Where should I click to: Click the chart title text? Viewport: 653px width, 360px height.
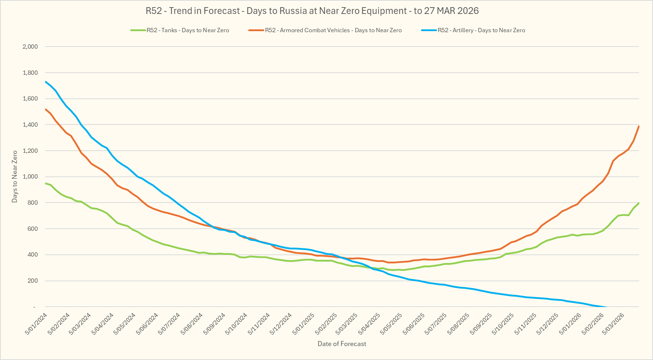312,11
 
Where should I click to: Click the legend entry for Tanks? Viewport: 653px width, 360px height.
187,30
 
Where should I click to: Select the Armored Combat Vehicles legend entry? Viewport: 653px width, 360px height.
333,30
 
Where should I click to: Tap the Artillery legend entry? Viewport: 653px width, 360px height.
481,30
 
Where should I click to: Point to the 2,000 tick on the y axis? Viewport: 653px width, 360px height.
30,47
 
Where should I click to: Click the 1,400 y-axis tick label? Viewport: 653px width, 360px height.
30,125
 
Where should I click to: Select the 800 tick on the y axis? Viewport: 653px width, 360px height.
33,203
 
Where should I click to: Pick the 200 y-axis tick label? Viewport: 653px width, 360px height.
33,281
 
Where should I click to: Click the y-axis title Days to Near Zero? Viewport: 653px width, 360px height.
15,176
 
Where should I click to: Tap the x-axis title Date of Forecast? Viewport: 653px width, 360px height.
342,344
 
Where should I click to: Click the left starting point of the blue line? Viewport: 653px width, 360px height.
46,82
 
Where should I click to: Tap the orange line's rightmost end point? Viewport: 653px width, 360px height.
639,126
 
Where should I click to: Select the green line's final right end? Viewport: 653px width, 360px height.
639,203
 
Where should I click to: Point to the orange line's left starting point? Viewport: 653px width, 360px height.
46,109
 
